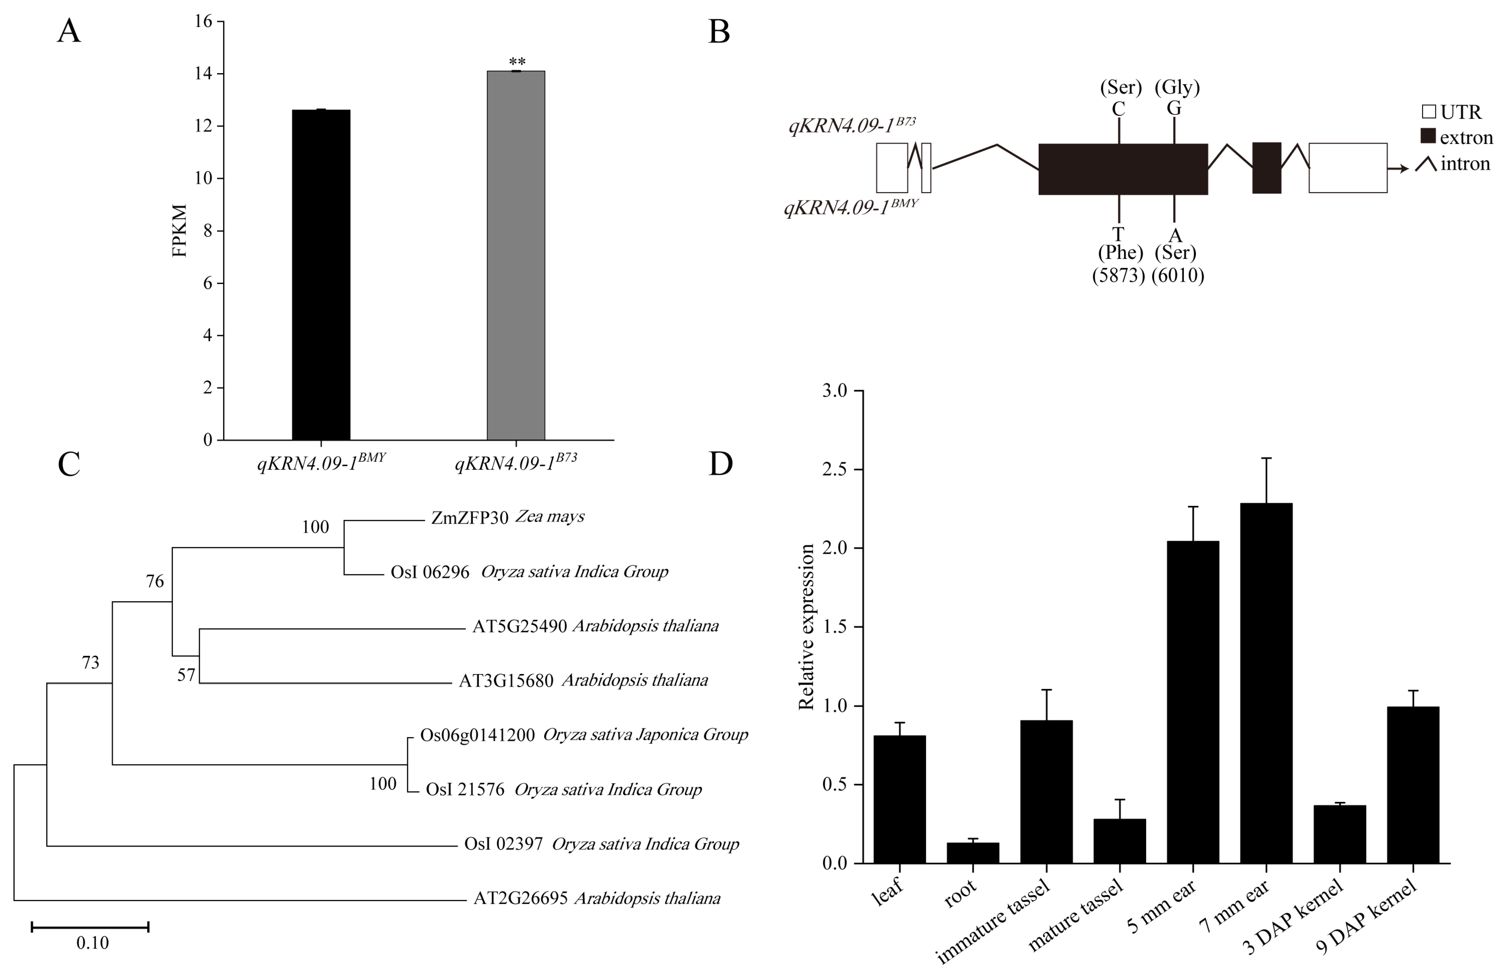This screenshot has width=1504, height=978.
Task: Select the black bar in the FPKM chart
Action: click(321, 275)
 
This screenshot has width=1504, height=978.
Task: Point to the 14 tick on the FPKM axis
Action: click(203, 74)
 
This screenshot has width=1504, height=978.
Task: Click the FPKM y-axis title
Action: click(180, 231)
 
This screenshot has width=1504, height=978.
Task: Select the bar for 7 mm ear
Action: click(1266, 682)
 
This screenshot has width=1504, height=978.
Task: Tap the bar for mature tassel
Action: click(1119, 840)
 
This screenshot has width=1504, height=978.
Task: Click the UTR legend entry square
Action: click(1429, 112)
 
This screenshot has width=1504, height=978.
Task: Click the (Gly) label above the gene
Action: click(1177, 87)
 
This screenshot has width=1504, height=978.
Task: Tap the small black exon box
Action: click(1266, 167)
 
